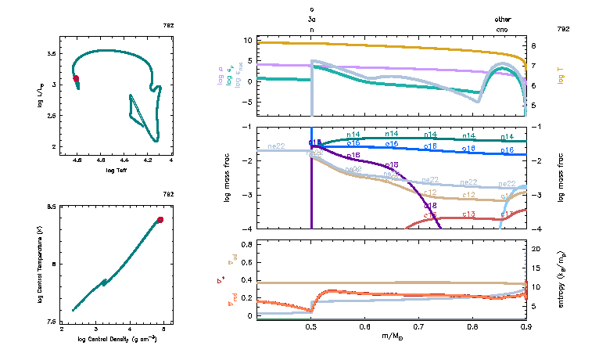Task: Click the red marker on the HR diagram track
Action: click(76, 78)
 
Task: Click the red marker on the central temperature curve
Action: click(160, 220)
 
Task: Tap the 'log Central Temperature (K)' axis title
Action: click(40, 265)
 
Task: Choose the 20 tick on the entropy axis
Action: click(537, 249)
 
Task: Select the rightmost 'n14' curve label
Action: click(508, 136)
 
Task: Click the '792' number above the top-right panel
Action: click(562, 28)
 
